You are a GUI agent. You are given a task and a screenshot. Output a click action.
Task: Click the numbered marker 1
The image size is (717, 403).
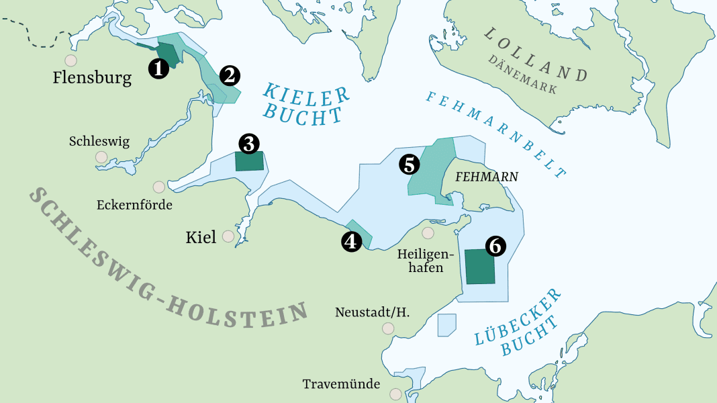tap(158, 69)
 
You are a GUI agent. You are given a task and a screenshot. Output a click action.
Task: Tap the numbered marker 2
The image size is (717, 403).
tap(230, 75)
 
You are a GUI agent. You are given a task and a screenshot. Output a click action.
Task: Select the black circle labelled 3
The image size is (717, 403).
tap(249, 143)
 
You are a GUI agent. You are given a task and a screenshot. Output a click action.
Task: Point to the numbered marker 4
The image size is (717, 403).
tap(351, 241)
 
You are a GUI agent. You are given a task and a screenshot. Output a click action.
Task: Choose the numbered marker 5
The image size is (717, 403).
tap(410, 164)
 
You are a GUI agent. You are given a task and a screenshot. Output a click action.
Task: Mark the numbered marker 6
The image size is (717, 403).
tap(495, 247)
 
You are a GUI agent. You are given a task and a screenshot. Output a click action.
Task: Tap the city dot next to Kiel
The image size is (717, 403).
tap(228, 236)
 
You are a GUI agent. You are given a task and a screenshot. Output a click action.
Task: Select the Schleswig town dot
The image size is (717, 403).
tap(101, 157)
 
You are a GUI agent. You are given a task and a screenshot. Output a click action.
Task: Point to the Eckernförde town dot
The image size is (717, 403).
tap(159, 187)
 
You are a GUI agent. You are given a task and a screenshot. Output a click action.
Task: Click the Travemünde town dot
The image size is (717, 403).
tap(396, 394)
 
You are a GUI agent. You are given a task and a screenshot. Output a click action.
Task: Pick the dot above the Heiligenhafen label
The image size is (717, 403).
tap(428, 233)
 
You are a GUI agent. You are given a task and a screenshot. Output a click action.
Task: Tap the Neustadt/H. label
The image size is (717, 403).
tap(372, 312)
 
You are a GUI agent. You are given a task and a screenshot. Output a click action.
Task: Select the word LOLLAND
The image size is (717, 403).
tap(535, 55)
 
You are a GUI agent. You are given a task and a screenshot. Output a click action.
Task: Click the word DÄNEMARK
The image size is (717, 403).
tap(522, 75)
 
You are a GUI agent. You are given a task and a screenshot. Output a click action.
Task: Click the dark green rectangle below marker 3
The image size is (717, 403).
tap(249, 161)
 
